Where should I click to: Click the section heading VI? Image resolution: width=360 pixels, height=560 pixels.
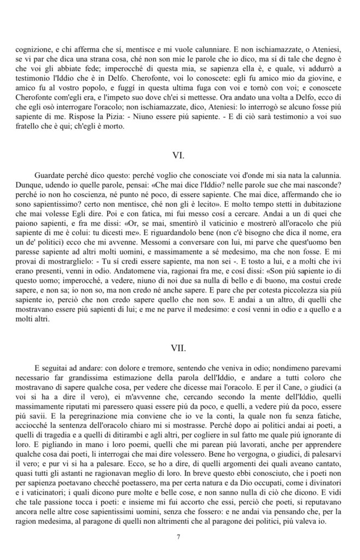click(178, 155)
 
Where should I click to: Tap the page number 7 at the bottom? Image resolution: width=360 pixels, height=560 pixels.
click(178, 536)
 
